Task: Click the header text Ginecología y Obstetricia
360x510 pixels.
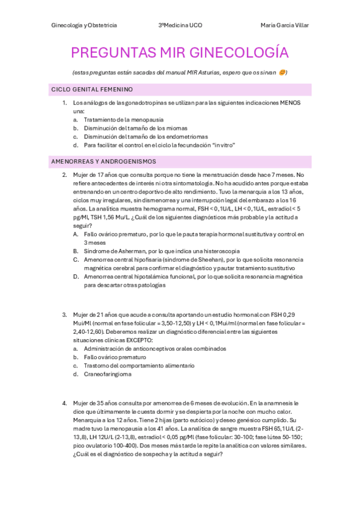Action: (84, 25)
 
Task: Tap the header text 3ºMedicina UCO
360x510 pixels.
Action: (180, 25)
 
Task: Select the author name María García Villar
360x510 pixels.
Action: (284, 25)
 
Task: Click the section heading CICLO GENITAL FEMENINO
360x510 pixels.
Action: (92, 89)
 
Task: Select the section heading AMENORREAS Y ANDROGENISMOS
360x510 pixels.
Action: (103, 161)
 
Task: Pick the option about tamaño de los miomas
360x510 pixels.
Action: (135, 128)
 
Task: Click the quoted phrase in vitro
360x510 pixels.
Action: (224, 145)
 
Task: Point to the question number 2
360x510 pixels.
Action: (64, 175)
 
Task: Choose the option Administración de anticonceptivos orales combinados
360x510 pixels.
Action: (154, 348)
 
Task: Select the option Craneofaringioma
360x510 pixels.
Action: (108, 373)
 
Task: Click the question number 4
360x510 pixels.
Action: (64, 402)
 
